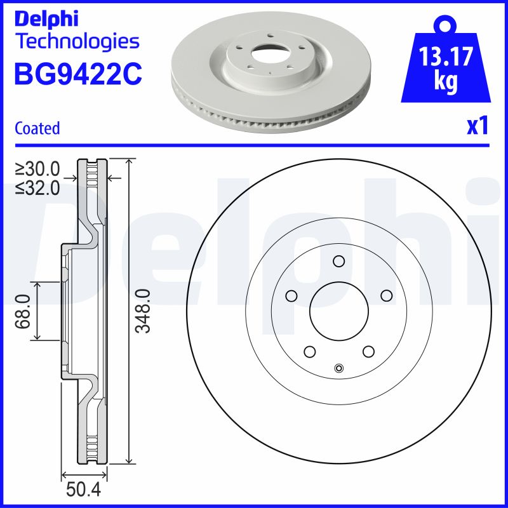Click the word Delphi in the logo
pos(46,18)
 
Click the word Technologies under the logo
pos(76,42)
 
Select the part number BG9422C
pos(77,74)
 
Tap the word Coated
pos(37,128)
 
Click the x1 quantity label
pos(478,127)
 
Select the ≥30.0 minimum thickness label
pos(37,169)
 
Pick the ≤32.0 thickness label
pos(37,187)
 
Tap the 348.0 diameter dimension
pos(144,311)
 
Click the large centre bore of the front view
pos(338,311)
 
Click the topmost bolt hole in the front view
pos(338,261)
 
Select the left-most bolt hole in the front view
pos(291,296)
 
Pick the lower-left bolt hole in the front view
pos(309,352)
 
